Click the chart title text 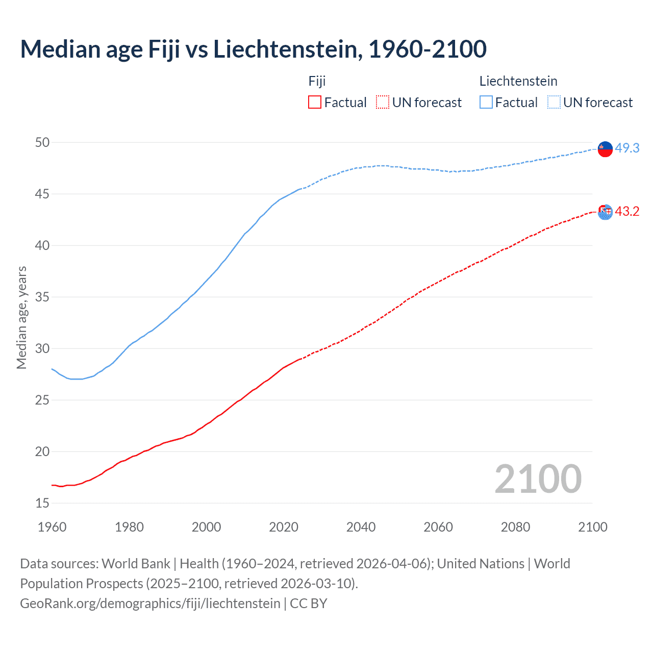click(x=253, y=49)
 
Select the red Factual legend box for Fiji click(x=315, y=102)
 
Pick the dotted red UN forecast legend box click(x=383, y=102)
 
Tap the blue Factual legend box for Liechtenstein click(x=486, y=102)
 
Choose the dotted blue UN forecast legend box click(x=554, y=102)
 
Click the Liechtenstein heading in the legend click(x=518, y=81)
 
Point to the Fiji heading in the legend click(x=317, y=81)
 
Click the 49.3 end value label click(x=627, y=148)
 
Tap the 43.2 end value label click(x=627, y=211)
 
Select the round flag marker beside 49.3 click(x=605, y=149)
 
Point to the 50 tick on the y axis click(x=42, y=142)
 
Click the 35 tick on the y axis click(x=42, y=297)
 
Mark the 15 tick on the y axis click(x=42, y=503)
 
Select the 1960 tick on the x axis click(x=52, y=527)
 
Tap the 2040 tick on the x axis click(x=361, y=527)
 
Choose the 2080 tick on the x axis click(x=515, y=527)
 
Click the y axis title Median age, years click(x=21, y=317)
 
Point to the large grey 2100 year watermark click(x=538, y=479)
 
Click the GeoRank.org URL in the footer click(x=150, y=603)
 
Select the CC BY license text click(x=308, y=603)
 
